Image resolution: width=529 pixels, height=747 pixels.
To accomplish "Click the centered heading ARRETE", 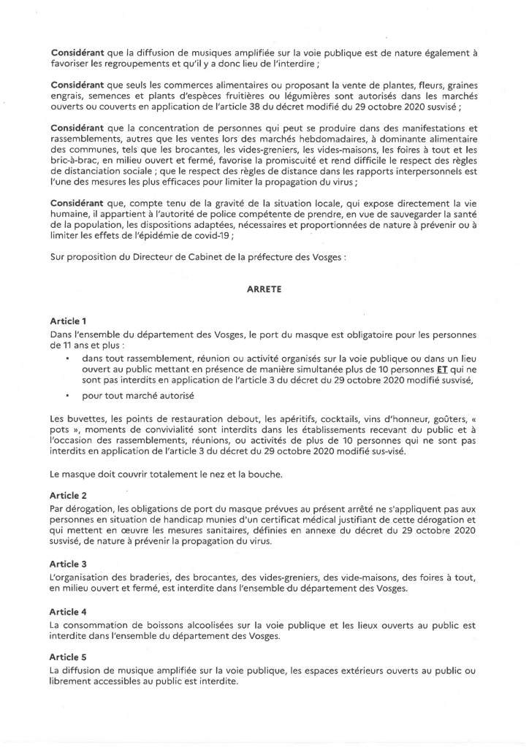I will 264,289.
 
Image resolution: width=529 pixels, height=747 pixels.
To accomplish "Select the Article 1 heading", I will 69,321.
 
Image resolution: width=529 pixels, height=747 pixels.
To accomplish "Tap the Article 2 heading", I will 69,496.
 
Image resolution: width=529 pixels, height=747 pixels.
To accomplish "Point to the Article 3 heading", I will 69,564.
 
